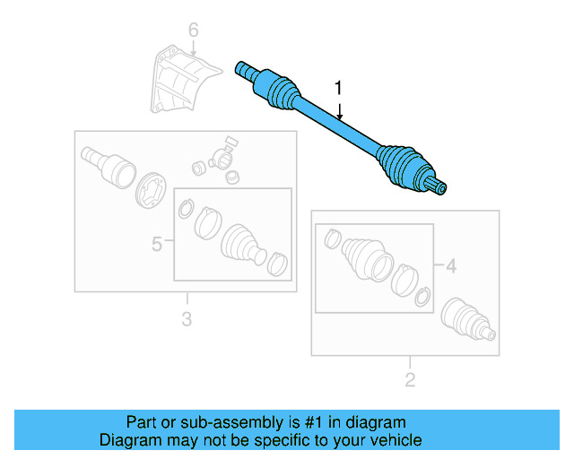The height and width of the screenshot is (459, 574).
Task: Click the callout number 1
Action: click(338, 87)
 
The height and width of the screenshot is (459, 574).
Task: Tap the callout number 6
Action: click(192, 33)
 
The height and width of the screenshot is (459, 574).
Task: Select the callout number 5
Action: click(156, 242)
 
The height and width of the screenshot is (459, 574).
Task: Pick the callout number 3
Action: click(186, 318)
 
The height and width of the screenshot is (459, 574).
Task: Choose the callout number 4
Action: click(451, 265)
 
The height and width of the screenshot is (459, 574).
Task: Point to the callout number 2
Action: click(410, 381)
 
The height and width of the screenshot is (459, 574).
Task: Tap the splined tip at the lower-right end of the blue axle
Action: click(440, 186)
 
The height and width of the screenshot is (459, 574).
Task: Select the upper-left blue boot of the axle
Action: click(279, 92)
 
